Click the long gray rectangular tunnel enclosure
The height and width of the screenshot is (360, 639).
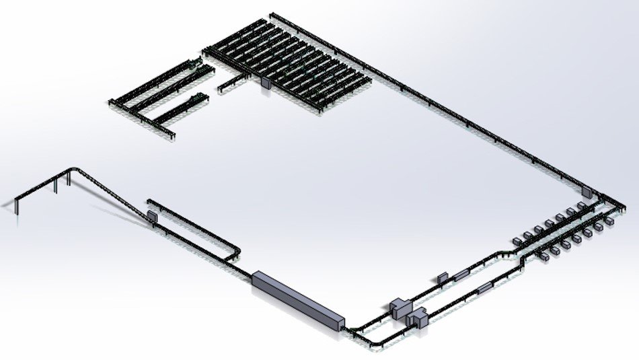coord(298,299)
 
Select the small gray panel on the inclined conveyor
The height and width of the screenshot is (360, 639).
coord(152,217)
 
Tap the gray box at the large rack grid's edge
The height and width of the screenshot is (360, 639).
coord(264,83)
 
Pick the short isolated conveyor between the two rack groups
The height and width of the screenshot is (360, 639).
coord(231,81)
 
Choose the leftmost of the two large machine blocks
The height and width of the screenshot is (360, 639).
coord(402,308)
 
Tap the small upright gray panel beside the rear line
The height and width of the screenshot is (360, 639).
coord(442,277)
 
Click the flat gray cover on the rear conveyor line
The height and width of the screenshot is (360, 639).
coord(461,273)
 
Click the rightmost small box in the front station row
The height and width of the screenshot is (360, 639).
coord(609,220)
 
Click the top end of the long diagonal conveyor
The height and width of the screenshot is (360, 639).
coord(273,13)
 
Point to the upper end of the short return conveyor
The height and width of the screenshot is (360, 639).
coord(149,201)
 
